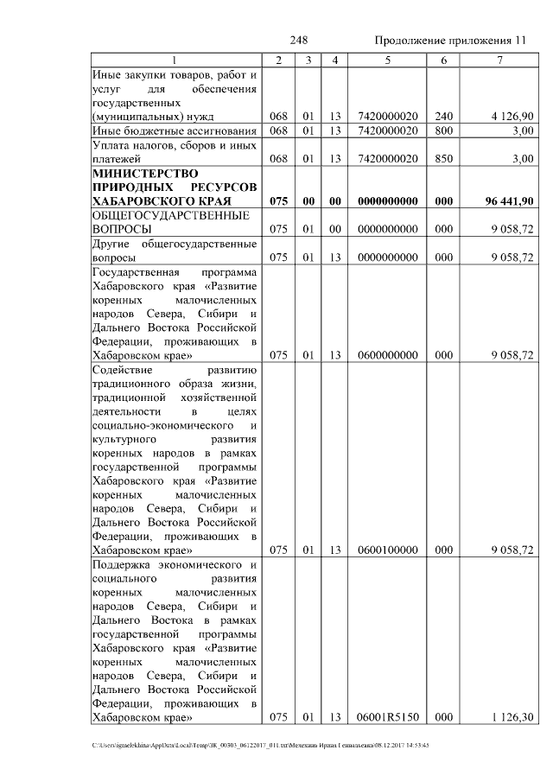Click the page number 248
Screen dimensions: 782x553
299,41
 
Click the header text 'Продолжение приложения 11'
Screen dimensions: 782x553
449,41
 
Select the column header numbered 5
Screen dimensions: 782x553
387,60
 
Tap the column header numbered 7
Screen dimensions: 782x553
499,60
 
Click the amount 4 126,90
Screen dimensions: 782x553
510,116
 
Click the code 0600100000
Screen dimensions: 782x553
387,550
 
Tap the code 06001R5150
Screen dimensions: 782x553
387,716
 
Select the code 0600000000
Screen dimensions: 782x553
387,355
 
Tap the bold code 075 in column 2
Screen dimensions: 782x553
277,201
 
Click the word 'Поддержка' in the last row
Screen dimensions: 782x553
120,564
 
